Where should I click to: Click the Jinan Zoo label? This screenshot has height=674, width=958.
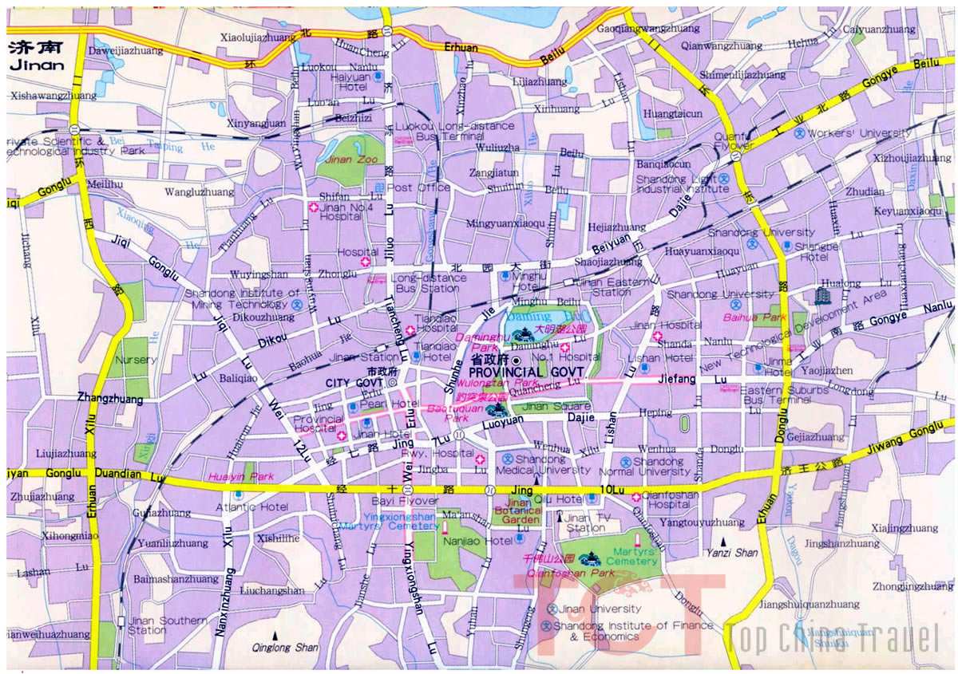point(344,160)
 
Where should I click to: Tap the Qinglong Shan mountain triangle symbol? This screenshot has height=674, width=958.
point(275,636)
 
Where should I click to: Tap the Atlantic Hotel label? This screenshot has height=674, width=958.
point(251,506)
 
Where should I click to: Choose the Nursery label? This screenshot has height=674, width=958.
point(135,360)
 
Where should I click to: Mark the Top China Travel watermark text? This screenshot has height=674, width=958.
point(833,639)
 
